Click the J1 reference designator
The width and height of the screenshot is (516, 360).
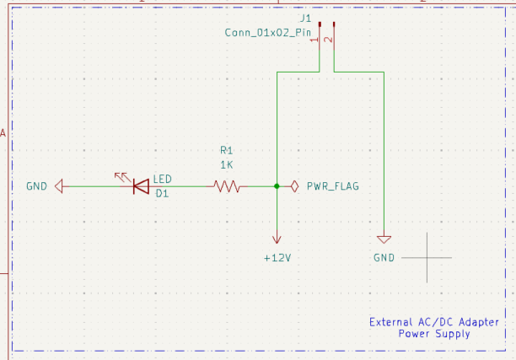305,18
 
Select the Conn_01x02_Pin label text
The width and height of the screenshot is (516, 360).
262,32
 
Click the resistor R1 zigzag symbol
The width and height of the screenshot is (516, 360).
226,186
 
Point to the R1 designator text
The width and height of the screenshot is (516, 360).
226,150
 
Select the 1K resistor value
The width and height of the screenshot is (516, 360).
226,164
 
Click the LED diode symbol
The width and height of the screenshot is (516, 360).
141,185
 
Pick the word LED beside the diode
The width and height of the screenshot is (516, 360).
163,179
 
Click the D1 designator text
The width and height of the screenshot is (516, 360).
163,193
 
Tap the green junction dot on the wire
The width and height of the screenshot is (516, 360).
277,186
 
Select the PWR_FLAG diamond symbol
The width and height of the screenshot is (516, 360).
293,186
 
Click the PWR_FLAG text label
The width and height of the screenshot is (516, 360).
333,186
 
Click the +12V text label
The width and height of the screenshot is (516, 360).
277,257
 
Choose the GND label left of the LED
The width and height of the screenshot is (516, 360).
37,186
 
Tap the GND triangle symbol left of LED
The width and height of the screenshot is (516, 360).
59,186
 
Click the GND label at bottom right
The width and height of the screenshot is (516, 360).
384,257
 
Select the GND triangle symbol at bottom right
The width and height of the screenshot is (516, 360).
384,239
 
